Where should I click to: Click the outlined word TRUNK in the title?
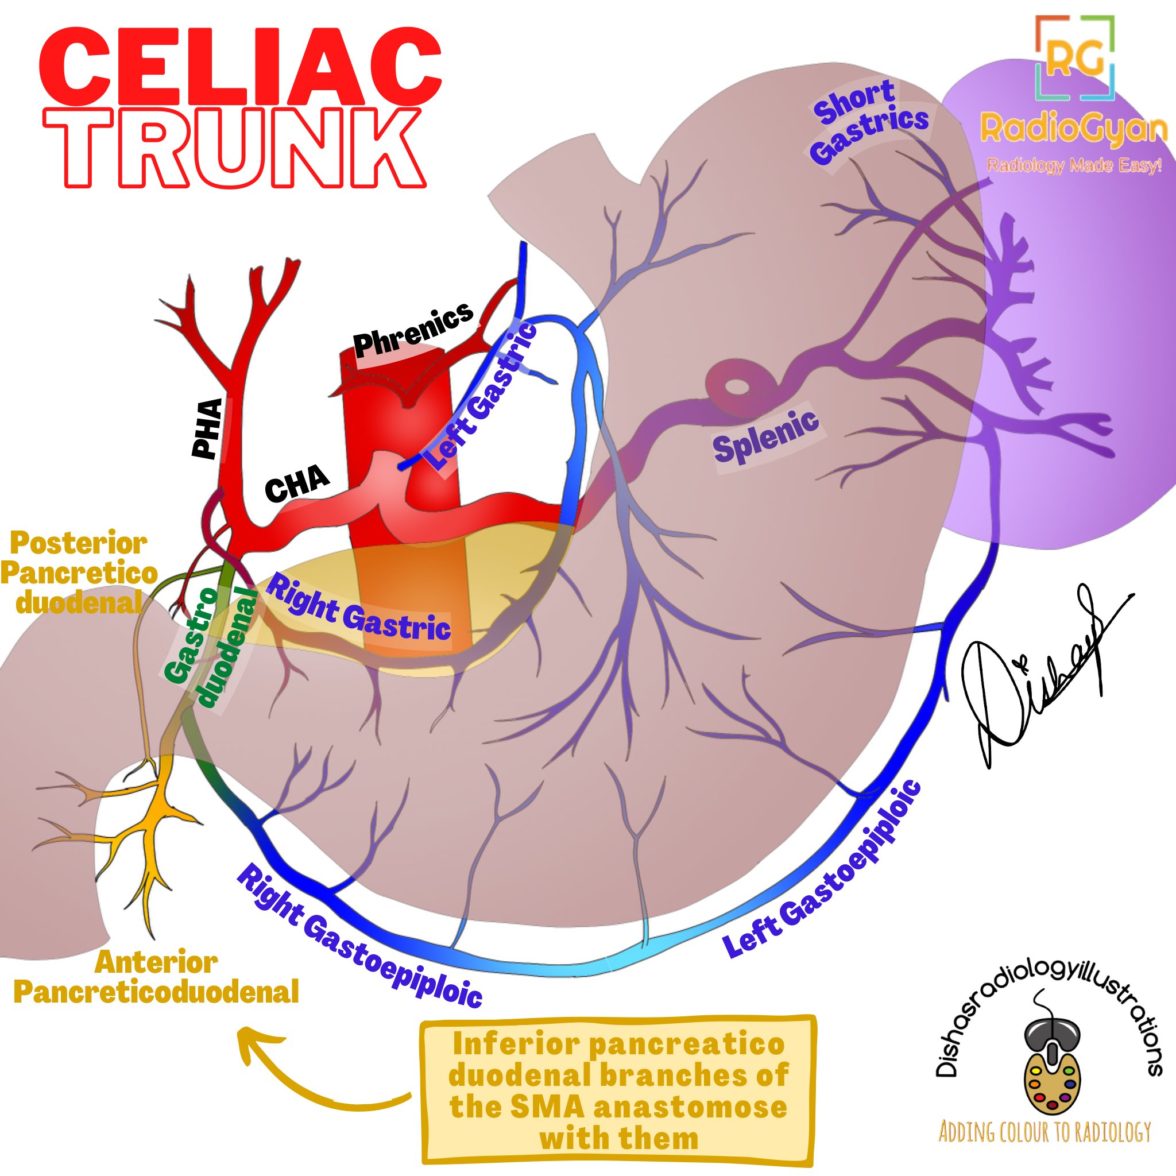tap(234, 148)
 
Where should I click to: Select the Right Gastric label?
tap(359, 611)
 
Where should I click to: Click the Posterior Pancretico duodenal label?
tap(78, 572)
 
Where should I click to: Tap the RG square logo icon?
tap(1074, 58)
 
